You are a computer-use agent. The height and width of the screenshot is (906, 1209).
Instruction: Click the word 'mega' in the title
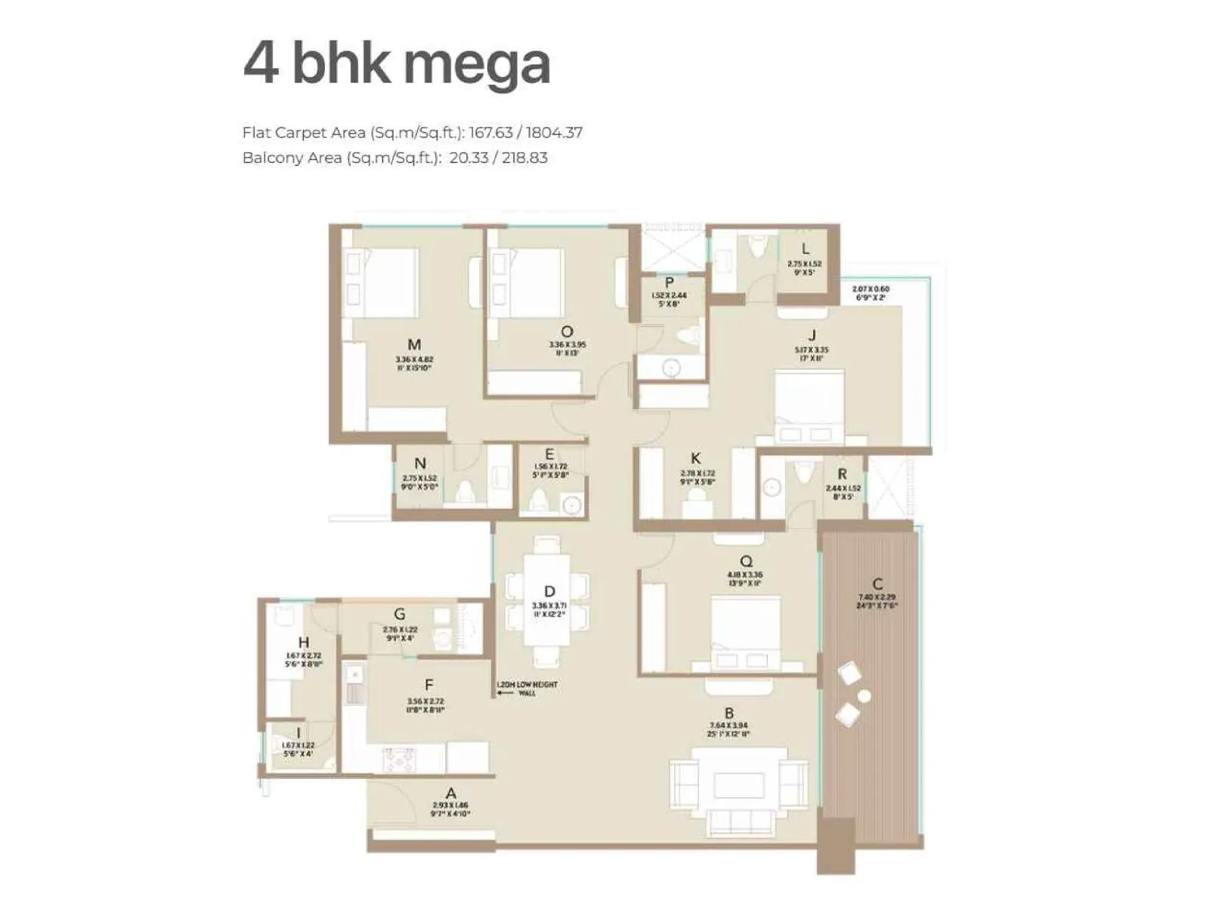pos(476,65)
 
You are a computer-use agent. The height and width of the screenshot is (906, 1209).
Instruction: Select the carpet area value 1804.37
pos(554,133)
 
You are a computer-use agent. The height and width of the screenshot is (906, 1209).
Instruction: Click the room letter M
pos(413,345)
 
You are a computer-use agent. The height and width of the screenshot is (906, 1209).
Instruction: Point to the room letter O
pos(567,331)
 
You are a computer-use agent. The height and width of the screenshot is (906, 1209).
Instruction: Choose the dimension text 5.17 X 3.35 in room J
pos(812,350)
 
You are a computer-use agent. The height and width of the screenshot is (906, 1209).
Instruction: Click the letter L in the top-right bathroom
pos(805,249)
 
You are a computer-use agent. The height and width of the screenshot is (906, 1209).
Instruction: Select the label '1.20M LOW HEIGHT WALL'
pos(527,689)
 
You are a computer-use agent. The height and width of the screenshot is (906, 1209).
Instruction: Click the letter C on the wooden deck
pos(877,584)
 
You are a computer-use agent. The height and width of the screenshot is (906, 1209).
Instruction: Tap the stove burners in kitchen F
pos(398,759)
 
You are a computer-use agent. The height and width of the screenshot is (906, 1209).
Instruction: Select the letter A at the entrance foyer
pos(451,794)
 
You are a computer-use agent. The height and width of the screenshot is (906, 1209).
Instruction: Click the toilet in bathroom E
pos(539,501)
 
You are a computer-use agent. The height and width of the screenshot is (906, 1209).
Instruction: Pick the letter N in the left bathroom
pos(420,464)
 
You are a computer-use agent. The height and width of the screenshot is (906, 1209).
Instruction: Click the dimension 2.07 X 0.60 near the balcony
pos(870,289)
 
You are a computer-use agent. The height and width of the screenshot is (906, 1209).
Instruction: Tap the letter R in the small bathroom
pos(842,474)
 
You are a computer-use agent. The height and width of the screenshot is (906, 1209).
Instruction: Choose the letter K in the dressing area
pos(695,458)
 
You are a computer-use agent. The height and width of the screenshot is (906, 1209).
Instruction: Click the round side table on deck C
pos(864,696)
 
